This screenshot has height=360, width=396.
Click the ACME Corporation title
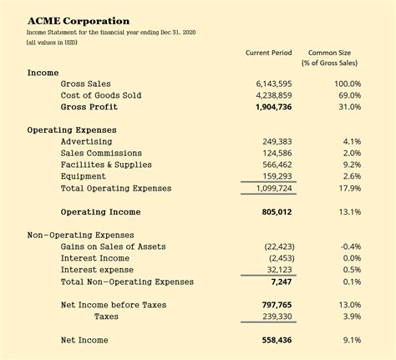[79, 19]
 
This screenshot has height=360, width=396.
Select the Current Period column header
[268, 53]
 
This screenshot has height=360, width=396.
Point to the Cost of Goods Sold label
[101, 96]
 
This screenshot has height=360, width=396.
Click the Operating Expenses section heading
[72, 130]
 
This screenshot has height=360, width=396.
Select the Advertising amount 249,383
[277, 142]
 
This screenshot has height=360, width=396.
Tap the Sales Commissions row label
[107, 154]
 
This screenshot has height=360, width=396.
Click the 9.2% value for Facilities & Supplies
[352, 165]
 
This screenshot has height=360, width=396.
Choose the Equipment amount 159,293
[277, 177]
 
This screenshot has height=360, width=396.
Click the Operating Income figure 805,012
[277, 212]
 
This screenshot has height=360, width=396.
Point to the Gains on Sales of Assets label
[113, 246]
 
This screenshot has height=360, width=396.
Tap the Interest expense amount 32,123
[280, 270]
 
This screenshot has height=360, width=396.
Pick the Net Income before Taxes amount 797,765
[277, 306]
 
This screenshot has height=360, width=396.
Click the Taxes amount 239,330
[277, 317]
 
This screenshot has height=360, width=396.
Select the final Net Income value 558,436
[277, 341]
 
